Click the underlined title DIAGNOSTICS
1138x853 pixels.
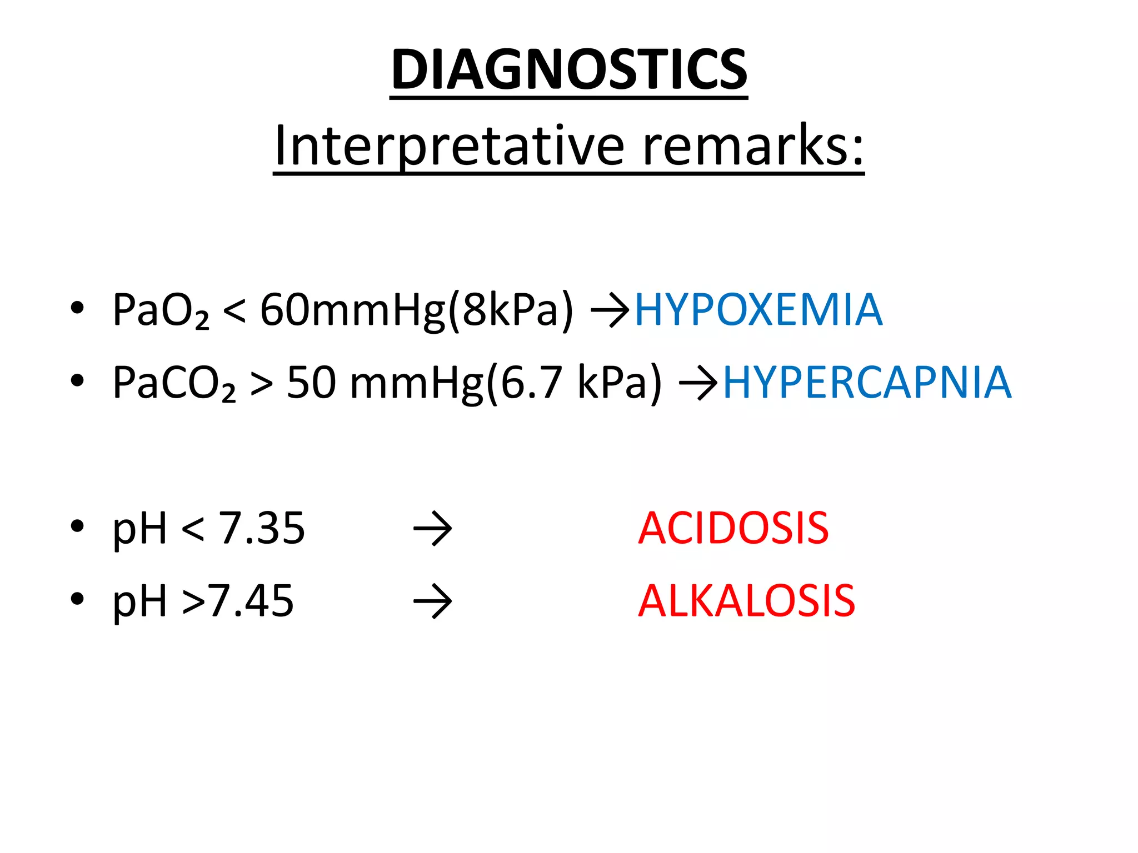(569, 69)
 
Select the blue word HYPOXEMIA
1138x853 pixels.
(758, 309)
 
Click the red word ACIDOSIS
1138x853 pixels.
(733, 528)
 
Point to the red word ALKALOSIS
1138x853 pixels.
(746, 601)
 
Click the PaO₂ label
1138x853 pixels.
(161, 310)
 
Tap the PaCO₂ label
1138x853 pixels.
(174, 383)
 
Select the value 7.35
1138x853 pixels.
(262, 528)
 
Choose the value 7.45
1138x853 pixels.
(251, 601)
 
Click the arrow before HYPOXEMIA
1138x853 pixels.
(610, 310)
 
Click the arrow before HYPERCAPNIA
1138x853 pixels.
(698, 383)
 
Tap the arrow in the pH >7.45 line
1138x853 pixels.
(432, 601)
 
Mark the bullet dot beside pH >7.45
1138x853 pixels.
(77, 599)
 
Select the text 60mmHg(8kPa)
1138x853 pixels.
(416, 310)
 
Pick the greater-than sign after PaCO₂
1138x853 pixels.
(261, 384)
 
